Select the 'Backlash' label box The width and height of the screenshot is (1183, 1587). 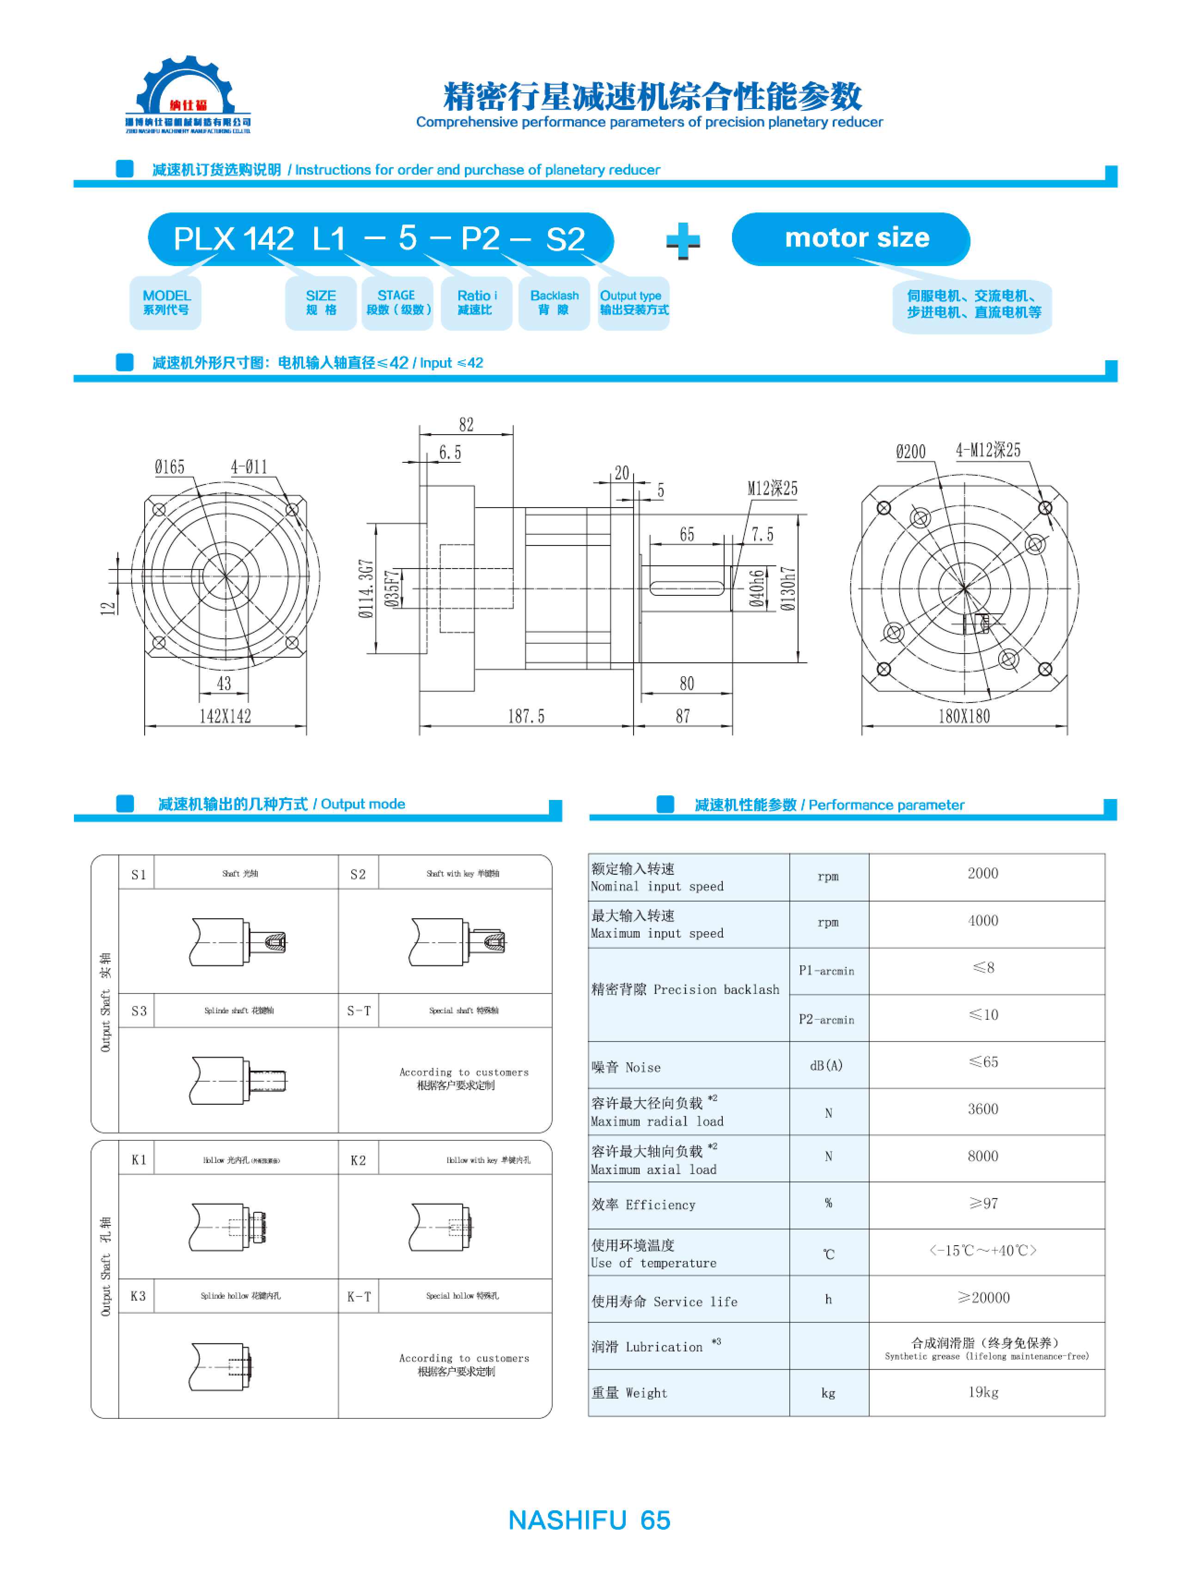click(554, 303)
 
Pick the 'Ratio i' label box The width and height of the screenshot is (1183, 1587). click(476, 303)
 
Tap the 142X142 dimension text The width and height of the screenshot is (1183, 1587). click(225, 716)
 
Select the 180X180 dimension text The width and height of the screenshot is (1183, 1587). click(964, 716)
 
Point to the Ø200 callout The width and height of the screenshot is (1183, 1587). click(910, 452)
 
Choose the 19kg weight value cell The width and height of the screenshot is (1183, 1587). click(983, 1392)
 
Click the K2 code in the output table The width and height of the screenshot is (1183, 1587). click(358, 1160)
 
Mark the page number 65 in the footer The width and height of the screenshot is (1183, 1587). click(655, 1520)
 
